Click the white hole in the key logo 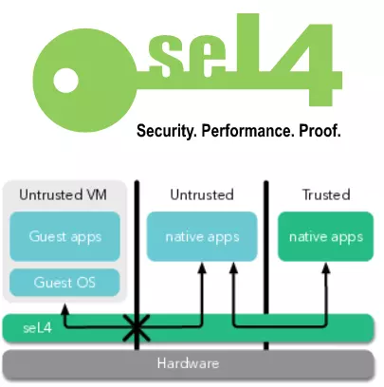pyautogui.click(x=65, y=81)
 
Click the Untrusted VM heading pyautogui.click(x=63, y=194)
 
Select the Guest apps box pyautogui.click(x=64, y=236)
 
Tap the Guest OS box pyautogui.click(x=64, y=283)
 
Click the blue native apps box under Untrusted pyautogui.click(x=202, y=236)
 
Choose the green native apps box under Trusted pyautogui.click(x=325, y=236)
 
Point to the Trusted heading pyautogui.click(x=326, y=194)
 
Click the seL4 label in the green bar pyautogui.click(x=37, y=328)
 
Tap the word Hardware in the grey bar pyautogui.click(x=188, y=363)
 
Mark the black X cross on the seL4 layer pyautogui.click(x=137, y=328)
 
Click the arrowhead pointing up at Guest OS pyautogui.click(x=64, y=309)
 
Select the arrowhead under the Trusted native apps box pyautogui.click(x=326, y=268)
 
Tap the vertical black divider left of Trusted pyautogui.click(x=266, y=265)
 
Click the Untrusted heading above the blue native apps pyautogui.click(x=202, y=194)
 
